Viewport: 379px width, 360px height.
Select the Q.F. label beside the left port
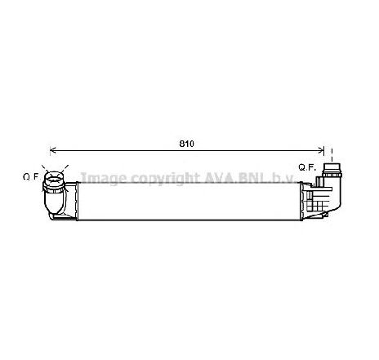30,176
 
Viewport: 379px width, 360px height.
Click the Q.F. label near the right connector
307,167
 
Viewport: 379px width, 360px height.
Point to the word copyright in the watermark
159,178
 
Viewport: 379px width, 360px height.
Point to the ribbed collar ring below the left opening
55,190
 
